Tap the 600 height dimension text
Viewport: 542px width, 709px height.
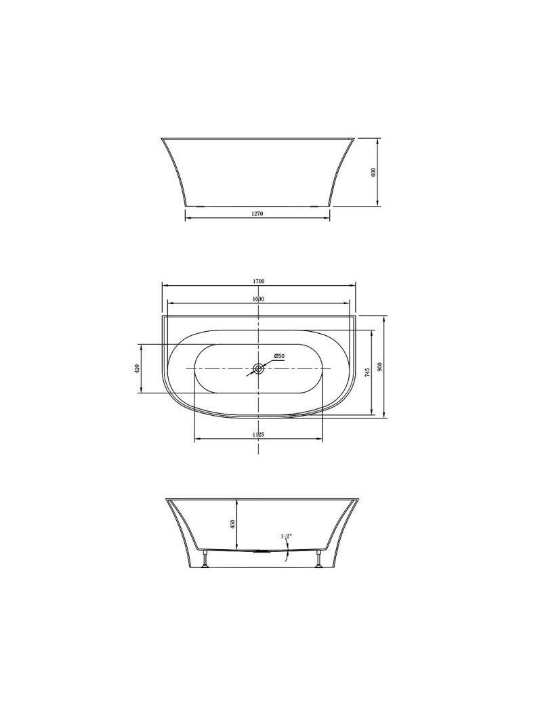[374, 172]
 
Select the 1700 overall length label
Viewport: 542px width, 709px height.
[259, 281]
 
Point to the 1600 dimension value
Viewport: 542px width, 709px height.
[258, 299]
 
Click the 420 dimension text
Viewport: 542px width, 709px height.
[137, 368]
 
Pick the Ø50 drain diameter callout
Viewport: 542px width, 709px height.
[279, 356]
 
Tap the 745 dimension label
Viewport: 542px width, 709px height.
[368, 372]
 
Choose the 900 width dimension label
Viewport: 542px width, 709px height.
[380, 366]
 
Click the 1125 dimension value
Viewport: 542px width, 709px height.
[258, 434]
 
